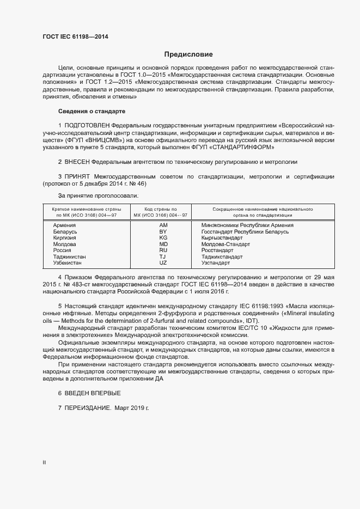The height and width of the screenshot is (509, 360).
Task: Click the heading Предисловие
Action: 189,54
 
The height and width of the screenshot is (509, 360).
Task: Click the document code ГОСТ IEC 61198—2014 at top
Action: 75,36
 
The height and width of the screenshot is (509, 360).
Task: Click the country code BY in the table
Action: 163,231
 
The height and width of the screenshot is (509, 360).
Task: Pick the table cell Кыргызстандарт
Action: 222,238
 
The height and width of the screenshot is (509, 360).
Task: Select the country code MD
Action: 163,244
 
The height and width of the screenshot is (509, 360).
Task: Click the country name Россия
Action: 62,250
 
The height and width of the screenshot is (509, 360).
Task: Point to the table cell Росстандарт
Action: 217,250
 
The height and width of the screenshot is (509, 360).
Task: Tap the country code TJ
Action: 162,256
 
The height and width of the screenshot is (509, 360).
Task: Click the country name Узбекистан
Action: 68,263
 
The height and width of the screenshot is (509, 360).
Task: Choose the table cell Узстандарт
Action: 216,263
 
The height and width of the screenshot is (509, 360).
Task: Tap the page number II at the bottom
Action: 44,462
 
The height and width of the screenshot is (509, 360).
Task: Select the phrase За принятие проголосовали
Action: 98,195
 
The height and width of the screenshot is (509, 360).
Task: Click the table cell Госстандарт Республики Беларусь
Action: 245,231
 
